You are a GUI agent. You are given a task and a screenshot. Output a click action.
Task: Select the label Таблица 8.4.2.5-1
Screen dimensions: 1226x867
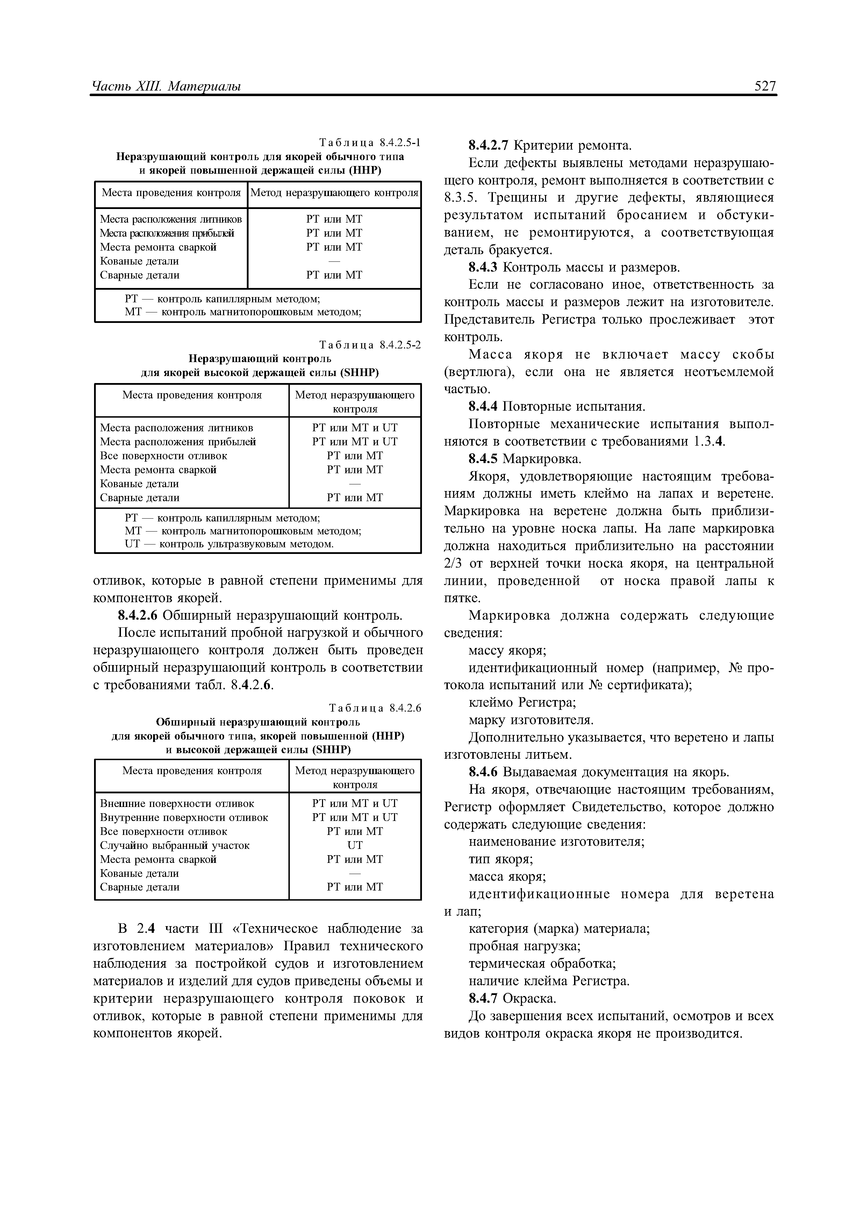370,143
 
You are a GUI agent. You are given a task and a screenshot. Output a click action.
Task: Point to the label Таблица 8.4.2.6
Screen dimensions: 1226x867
375,708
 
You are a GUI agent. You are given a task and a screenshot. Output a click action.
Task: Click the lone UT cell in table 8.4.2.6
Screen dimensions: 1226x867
355,845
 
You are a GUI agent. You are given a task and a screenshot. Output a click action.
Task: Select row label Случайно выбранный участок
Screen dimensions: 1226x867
175,845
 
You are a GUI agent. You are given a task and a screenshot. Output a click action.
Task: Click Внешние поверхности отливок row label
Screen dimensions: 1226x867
177,803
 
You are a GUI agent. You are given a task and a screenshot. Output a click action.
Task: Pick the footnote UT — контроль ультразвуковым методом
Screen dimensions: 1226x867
229,544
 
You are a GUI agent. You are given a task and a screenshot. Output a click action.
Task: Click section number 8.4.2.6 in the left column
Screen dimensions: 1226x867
138,616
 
